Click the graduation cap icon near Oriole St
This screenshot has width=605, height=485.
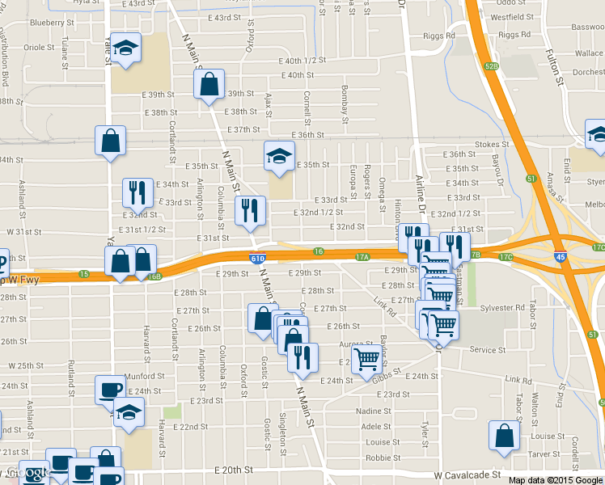click(125, 48)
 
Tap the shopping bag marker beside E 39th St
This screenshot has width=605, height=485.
click(209, 83)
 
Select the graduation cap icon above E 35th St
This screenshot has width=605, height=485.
click(279, 155)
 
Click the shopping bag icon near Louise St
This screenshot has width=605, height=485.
click(504, 435)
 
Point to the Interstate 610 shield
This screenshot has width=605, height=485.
click(256, 257)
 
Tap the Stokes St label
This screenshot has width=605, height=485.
click(492, 145)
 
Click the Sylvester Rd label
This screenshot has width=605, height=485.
click(502, 308)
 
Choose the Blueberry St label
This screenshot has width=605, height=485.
click(47, 23)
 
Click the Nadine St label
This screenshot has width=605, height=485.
click(374, 411)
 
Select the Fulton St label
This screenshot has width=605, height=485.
click(557, 68)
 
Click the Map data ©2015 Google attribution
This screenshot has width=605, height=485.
click(556, 479)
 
